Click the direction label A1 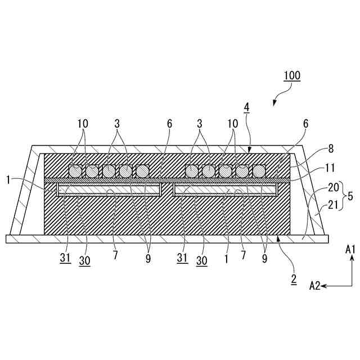point(350,249)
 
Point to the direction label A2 point(314,286)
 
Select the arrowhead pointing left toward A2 point(324,286)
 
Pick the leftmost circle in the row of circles point(75,170)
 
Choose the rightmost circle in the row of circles point(259,170)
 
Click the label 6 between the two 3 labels point(169,123)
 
